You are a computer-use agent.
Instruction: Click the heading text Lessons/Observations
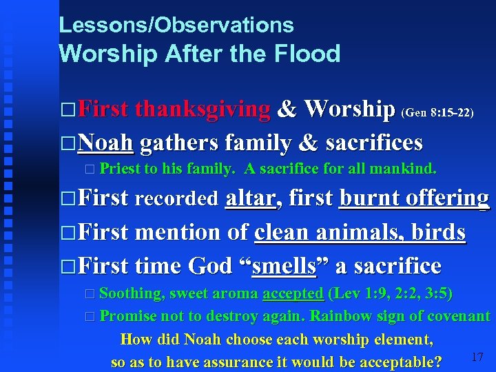pos(176,25)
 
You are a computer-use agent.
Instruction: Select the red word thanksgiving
pos(203,109)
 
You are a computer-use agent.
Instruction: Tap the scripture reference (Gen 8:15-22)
pos(437,112)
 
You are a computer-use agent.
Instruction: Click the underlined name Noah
pos(105,143)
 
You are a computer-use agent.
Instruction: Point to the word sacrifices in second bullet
pos(373,143)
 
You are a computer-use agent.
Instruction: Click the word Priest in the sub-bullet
pos(120,169)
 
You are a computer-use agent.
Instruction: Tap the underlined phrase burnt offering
pos(415,198)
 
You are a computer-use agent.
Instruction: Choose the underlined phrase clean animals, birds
pos(360,231)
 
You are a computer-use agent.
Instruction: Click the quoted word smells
pos(284,265)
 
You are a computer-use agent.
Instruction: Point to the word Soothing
pos(132,293)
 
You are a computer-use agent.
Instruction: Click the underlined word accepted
pos(293,293)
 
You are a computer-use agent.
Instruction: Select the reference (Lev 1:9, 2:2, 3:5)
pos(391,293)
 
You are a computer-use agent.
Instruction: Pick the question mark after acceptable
pos(437,362)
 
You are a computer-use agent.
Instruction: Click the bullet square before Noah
pos(67,143)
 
